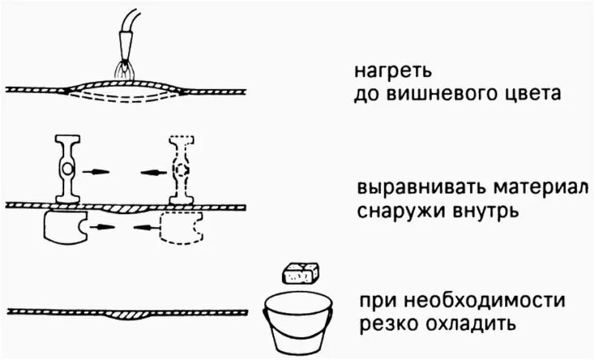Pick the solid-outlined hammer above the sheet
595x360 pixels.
[x=68, y=169]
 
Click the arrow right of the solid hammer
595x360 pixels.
[x=96, y=171]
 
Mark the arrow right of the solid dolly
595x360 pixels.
[x=101, y=222]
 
